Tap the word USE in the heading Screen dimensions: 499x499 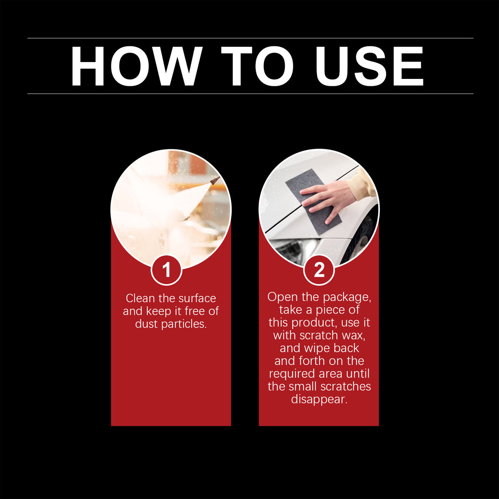(369, 67)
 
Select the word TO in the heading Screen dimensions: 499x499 (258, 67)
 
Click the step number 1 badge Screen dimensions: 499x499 (166, 270)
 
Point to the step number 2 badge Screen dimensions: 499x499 (319, 270)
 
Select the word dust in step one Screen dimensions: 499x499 (146, 324)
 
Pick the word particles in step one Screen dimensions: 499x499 (184, 324)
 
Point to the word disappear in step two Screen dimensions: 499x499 (319, 400)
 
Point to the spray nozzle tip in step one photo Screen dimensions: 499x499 (214, 180)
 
